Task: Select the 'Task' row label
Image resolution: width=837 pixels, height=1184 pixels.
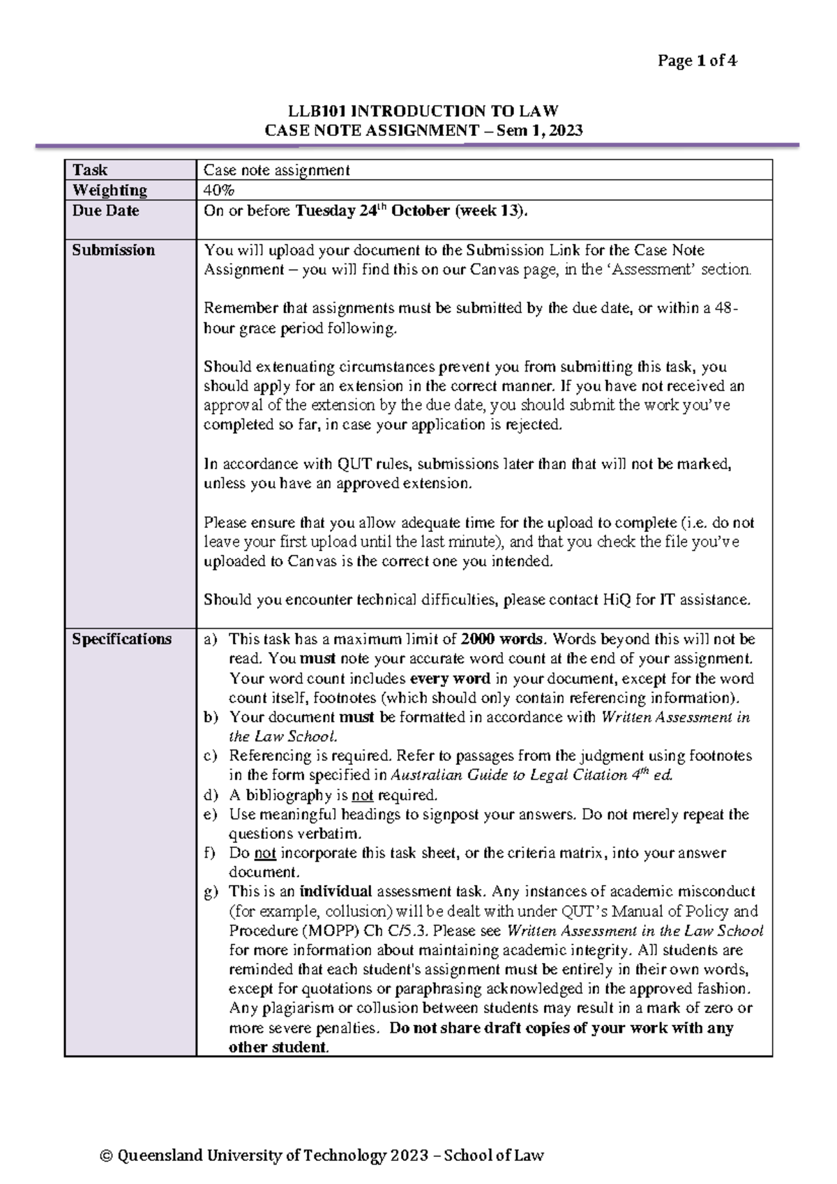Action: [90, 170]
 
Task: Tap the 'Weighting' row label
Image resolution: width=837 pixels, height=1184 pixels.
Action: [110, 190]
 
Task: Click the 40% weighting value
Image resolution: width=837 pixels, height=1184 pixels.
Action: [218, 190]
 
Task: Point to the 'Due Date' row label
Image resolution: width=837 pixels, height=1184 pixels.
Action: [105, 211]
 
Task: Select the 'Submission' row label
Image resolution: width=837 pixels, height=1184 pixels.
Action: [113, 250]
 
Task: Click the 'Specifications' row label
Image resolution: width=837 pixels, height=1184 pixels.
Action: [121, 639]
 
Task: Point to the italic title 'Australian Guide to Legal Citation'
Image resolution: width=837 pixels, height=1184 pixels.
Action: [509, 775]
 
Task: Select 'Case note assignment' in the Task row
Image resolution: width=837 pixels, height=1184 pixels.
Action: [276, 170]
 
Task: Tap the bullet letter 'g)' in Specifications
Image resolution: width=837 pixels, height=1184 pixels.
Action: [211, 892]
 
